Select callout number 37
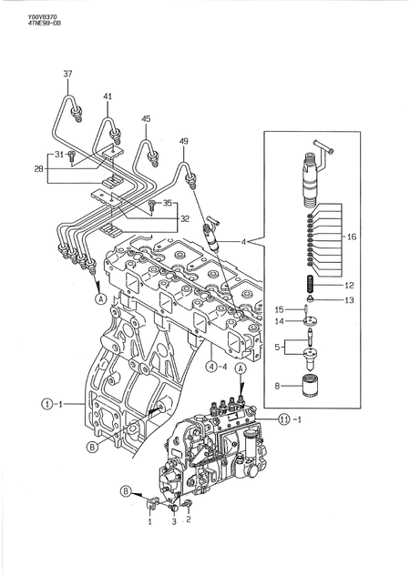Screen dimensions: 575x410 [x=67, y=73]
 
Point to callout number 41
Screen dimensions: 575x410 [x=108, y=96]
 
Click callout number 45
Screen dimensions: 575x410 [x=146, y=118]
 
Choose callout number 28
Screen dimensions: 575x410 [x=39, y=168]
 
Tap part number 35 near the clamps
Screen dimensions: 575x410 [x=167, y=203]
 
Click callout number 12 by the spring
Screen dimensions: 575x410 [x=351, y=285]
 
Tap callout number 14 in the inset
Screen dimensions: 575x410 [x=280, y=321]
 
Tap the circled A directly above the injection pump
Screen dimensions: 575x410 [x=240, y=370]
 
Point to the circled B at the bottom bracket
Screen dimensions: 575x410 [x=124, y=492]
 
